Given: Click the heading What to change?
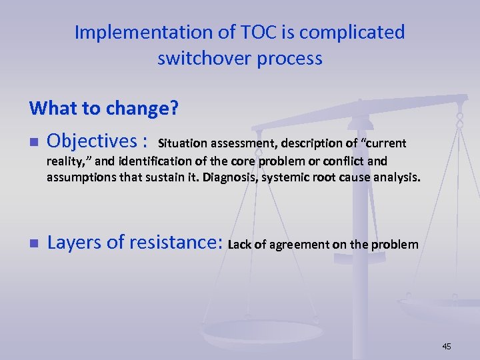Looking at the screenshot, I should (x=103, y=107).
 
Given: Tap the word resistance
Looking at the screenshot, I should (x=171, y=243).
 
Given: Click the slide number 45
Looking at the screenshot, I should (x=446, y=346).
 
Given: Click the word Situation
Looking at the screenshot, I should (x=183, y=143).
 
